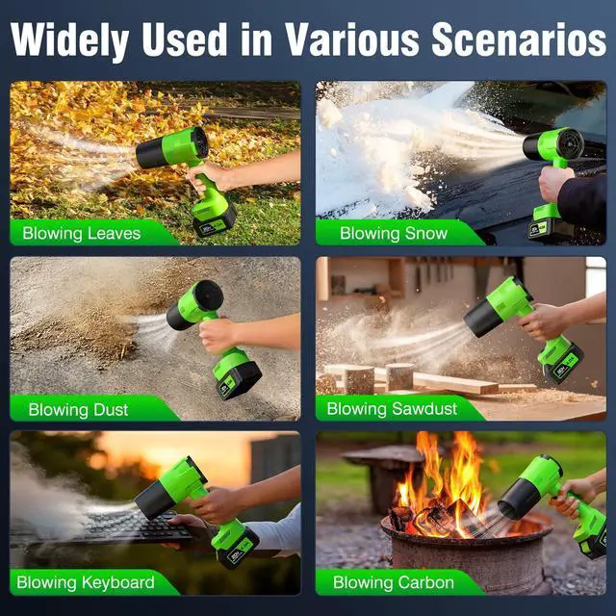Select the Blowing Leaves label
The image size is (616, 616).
click(x=82, y=233)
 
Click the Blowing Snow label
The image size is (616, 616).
click(x=394, y=233)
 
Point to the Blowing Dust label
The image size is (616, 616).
click(x=78, y=409)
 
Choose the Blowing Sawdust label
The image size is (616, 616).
click(x=391, y=409)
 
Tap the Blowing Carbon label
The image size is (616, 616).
click(x=394, y=582)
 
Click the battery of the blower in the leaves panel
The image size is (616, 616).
click(x=214, y=223)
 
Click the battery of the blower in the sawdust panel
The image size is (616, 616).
click(x=562, y=361)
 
